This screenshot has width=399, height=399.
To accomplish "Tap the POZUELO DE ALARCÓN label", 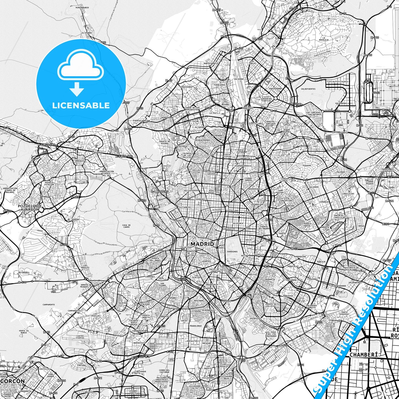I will coord(29,208).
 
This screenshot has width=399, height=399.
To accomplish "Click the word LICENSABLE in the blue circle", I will coord(81,105).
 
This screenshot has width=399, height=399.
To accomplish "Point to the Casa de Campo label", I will coord(126,226).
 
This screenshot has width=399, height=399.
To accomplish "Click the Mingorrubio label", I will coord(82,7).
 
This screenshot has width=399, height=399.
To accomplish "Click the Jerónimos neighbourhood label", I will coord(232,252).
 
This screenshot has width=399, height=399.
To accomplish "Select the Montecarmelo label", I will coord(211,63).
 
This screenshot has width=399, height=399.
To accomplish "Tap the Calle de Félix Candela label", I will coord(337,82).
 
